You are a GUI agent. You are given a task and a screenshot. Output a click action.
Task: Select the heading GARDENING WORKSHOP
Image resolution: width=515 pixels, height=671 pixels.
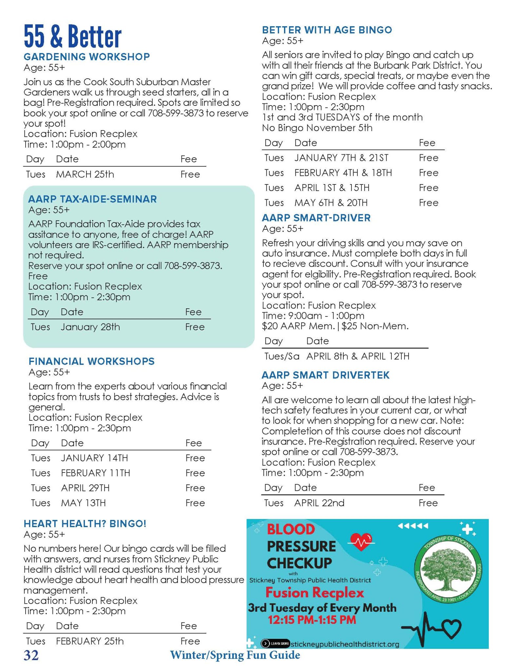86,57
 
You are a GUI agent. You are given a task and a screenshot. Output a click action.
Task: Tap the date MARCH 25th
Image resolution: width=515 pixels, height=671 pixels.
85,174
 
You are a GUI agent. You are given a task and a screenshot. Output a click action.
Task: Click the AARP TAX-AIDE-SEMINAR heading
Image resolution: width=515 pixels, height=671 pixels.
92,199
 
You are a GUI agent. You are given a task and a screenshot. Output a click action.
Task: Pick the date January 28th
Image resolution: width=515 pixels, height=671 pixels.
90,327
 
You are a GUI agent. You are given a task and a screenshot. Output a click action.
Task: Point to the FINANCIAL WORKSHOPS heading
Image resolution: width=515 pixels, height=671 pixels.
91,361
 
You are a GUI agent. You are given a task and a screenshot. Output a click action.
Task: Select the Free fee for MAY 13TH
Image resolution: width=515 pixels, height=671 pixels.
195,503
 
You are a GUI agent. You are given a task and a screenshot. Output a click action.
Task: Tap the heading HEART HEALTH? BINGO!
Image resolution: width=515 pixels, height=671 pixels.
85,524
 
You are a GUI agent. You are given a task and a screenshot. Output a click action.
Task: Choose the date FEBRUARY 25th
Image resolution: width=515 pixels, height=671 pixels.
90,641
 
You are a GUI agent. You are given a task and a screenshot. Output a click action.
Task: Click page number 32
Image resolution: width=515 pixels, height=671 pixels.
31,655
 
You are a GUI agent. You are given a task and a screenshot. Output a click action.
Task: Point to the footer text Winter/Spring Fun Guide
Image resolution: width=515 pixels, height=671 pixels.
235,655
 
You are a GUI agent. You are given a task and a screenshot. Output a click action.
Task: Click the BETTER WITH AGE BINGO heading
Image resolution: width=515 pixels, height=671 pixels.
327,30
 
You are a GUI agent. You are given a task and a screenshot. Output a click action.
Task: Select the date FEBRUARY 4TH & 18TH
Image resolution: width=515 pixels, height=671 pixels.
343,173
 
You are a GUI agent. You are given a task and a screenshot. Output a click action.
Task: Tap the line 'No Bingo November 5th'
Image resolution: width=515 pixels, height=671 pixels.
317,128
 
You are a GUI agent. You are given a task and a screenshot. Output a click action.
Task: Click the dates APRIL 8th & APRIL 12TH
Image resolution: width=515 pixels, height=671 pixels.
357,356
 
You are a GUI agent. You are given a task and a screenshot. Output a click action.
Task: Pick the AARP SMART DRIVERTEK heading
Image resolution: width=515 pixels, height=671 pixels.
325,375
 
